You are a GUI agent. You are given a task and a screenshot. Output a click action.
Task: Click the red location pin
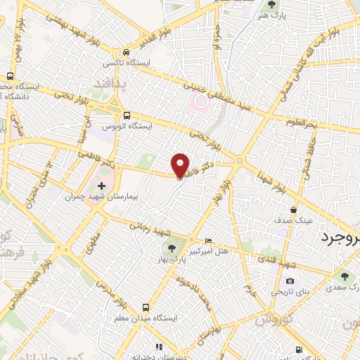click(181, 165)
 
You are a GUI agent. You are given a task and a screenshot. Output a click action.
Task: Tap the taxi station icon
click(125, 52)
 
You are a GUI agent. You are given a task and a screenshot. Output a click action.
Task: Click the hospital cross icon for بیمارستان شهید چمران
click(101, 186)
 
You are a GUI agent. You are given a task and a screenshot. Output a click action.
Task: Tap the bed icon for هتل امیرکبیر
click(207, 240)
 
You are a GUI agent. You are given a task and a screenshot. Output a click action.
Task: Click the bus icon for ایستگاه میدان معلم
click(146, 307)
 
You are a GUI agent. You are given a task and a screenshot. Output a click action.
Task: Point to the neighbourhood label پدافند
click(108, 85)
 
